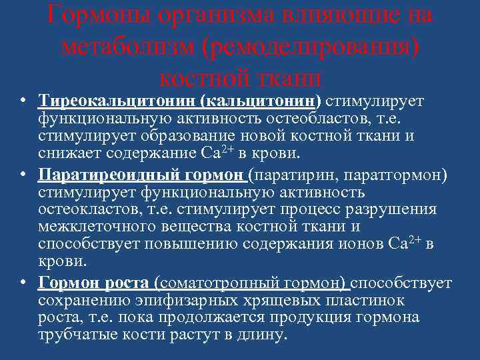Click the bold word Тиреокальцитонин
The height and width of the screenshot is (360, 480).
[117, 101]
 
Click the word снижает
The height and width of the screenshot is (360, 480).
[69, 153]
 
